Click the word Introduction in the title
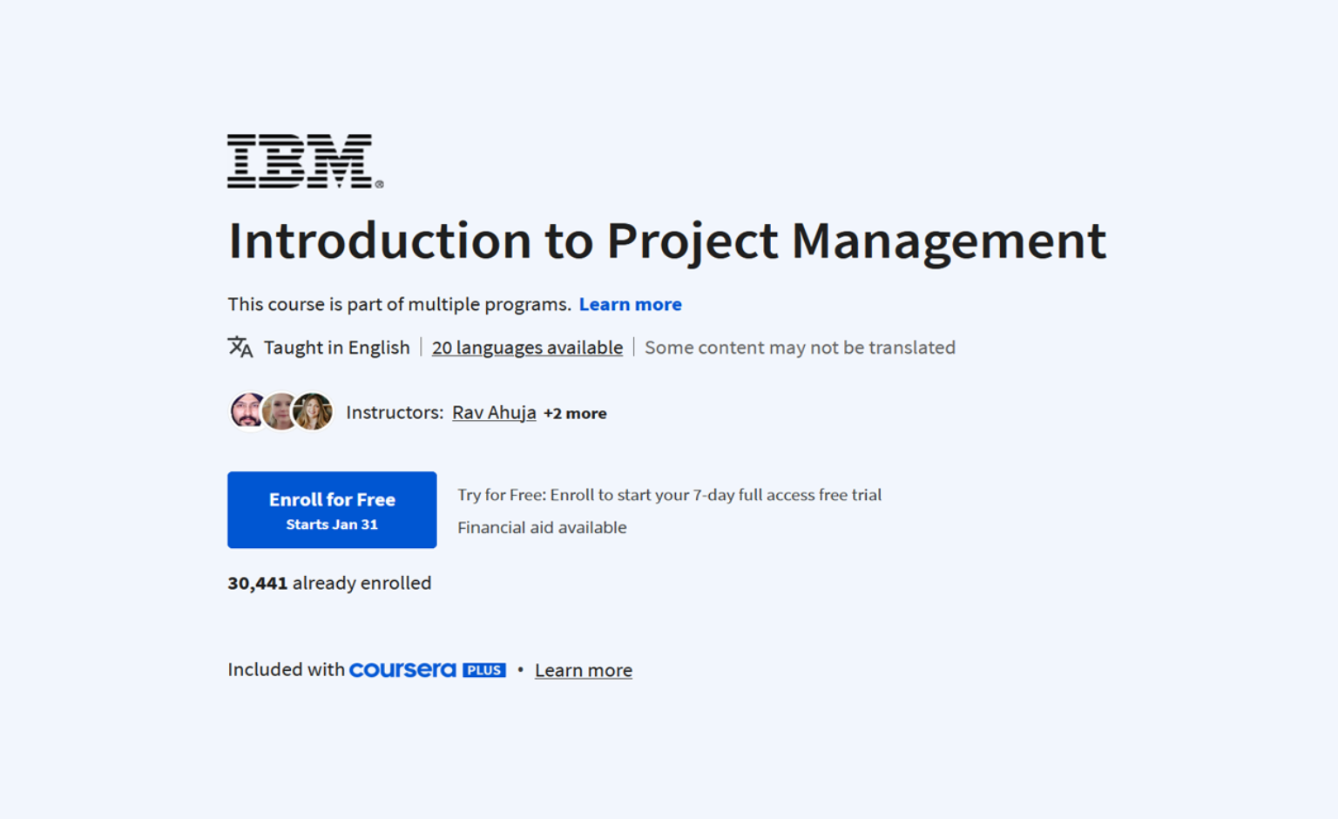[x=379, y=241]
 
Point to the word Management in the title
[x=948, y=241]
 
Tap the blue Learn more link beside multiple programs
[x=630, y=305]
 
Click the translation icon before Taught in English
[x=240, y=348]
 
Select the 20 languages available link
[x=527, y=348]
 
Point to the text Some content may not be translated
[x=800, y=348]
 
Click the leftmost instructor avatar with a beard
[x=248, y=411]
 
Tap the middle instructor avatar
[x=280, y=411]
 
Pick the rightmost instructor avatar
[x=313, y=411]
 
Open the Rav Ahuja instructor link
[x=494, y=413]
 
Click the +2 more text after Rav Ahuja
[x=575, y=414]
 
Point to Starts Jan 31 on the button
[x=332, y=525]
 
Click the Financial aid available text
[x=542, y=528]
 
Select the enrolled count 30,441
[x=257, y=584]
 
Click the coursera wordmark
[x=402, y=670]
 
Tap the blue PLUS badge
[x=484, y=670]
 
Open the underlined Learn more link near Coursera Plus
[x=583, y=671]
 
